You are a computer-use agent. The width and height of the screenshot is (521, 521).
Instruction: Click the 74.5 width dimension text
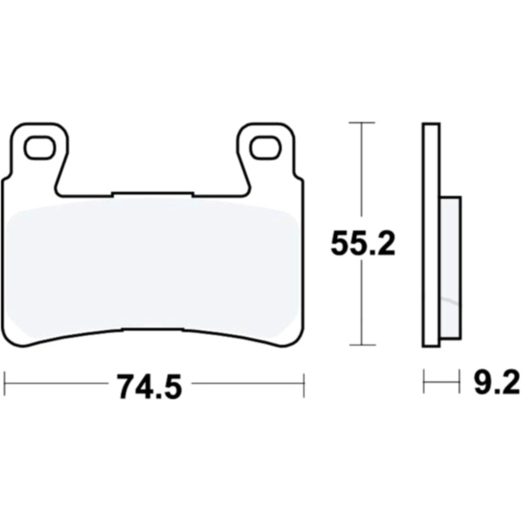pyautogui.click(x=150, y=386)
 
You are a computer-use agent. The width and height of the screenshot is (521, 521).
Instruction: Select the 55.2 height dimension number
pyautogui.click(x=363, y=243)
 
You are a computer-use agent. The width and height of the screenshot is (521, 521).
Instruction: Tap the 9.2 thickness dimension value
pyautogui.click(x=497, y=384)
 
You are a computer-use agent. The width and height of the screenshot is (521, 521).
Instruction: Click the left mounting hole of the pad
pyautogui.click(x=40, y=148)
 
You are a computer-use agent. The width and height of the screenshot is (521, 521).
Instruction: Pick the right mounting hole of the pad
pyautogui.click(x=266, y=148)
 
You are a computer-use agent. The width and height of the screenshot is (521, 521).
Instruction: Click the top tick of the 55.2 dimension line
pyautogui.click(x=362, y=122)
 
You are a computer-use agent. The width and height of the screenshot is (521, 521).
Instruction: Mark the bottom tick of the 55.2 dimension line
pyautogui.click(x=362, y=345)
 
